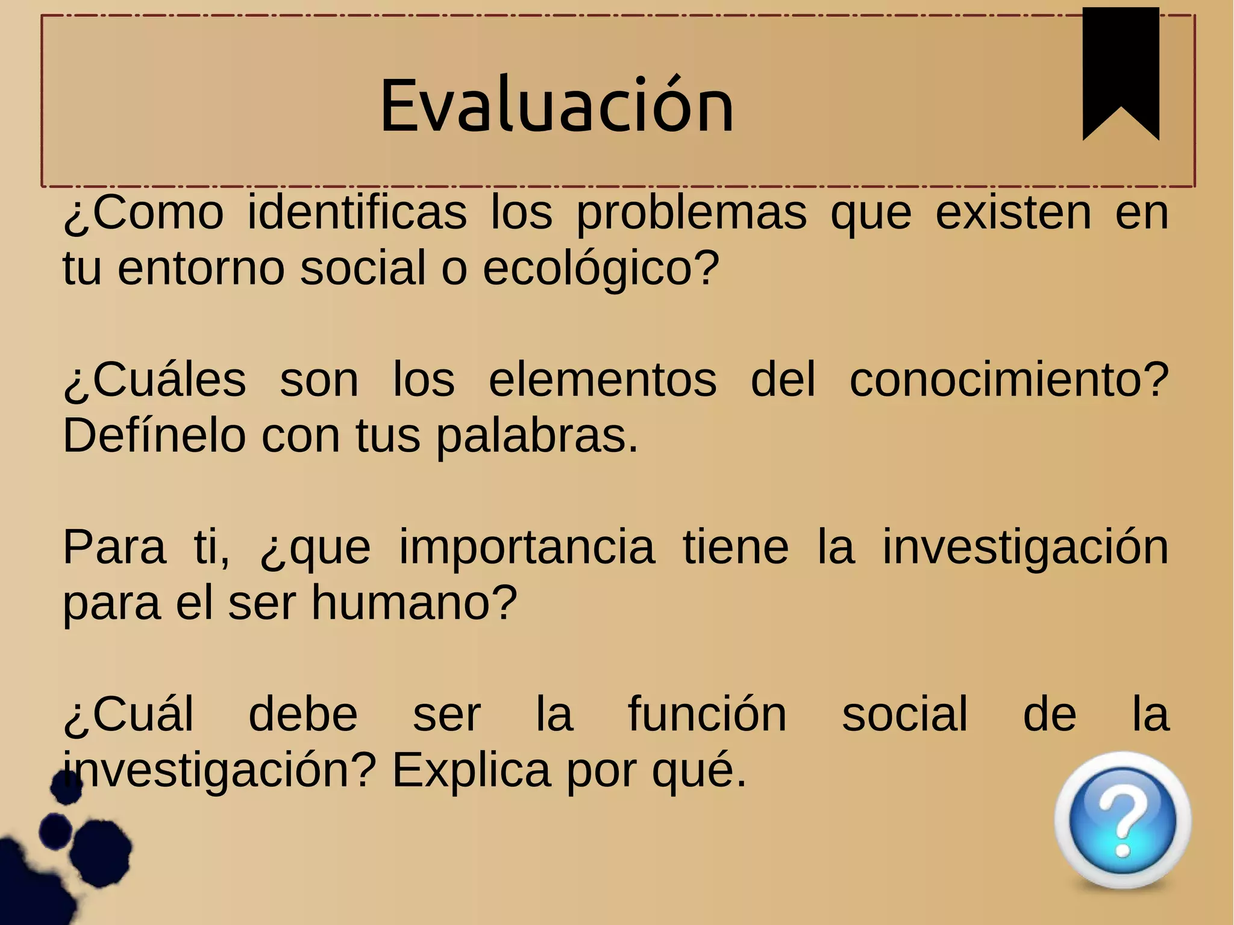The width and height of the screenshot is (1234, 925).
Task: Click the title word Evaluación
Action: [x=557, y=106]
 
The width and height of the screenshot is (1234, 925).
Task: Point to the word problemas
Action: [x=691, y=214]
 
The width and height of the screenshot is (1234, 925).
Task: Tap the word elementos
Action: [x=603, y=380]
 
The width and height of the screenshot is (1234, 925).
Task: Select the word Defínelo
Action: [x=154, y=436]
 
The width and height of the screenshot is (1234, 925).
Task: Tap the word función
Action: [x=707, y=715]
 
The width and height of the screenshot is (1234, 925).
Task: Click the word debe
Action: [x=303, y=715]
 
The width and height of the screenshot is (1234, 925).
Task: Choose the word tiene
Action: [x=736, y=547]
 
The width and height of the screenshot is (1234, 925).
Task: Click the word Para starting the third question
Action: [x=114, y=547]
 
